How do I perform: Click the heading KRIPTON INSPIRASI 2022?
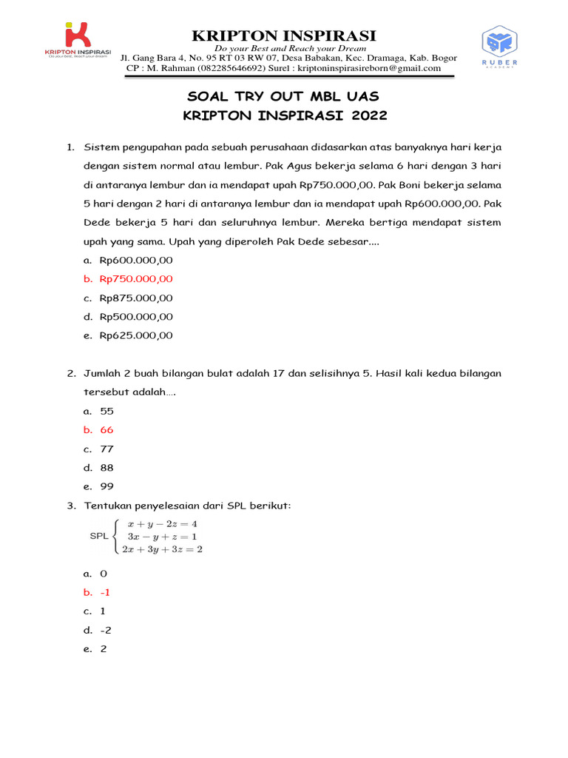(x=285, y=115)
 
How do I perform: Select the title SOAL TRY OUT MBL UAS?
(x=285, y=98)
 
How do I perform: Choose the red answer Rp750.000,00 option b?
(x=136, y=279)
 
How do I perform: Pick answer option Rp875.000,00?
(x=136, y=298)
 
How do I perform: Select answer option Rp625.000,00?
(x=136, y=335)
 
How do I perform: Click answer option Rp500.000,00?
(x=136, y=317)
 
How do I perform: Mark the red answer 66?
(x=107, y=430)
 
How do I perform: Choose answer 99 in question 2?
(x=107, y=486)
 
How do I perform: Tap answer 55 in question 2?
(x=107, y=411)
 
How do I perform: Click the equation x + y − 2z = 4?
(x=162, y=524)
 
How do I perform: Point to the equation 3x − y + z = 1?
(x=162, y=536)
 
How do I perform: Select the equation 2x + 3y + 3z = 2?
(x=162, y=549)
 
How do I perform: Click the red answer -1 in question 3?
(x=106, y=592)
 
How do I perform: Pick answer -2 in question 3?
(x=106, y=630)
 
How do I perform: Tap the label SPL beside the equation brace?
(x=99, y=537)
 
